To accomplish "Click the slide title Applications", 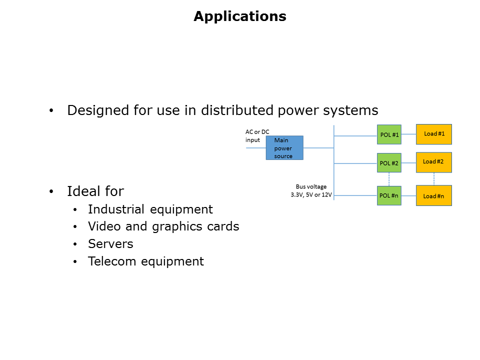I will [240, 16].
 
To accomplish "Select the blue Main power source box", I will [284, 148].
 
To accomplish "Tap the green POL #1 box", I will [389, 134].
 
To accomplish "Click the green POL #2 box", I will [389, 163].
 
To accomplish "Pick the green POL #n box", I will [389, 195].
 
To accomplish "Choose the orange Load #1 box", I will [434, 134].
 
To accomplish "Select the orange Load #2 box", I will [434, 162].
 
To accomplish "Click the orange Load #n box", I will [434, 195].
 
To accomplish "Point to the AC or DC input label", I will [257, 136].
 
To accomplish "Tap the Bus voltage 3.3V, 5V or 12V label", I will [311, 190].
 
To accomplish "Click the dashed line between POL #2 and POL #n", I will [389, 179].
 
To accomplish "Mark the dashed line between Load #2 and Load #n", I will [434, 179].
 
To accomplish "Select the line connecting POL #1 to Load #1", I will [408, 134].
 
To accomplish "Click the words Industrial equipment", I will [150, 209].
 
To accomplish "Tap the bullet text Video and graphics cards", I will [163, 226].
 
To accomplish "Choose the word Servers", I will [110, 244].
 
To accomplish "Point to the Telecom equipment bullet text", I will [146, 261].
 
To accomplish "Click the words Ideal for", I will [95, 191].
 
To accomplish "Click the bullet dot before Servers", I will [75, 244].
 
